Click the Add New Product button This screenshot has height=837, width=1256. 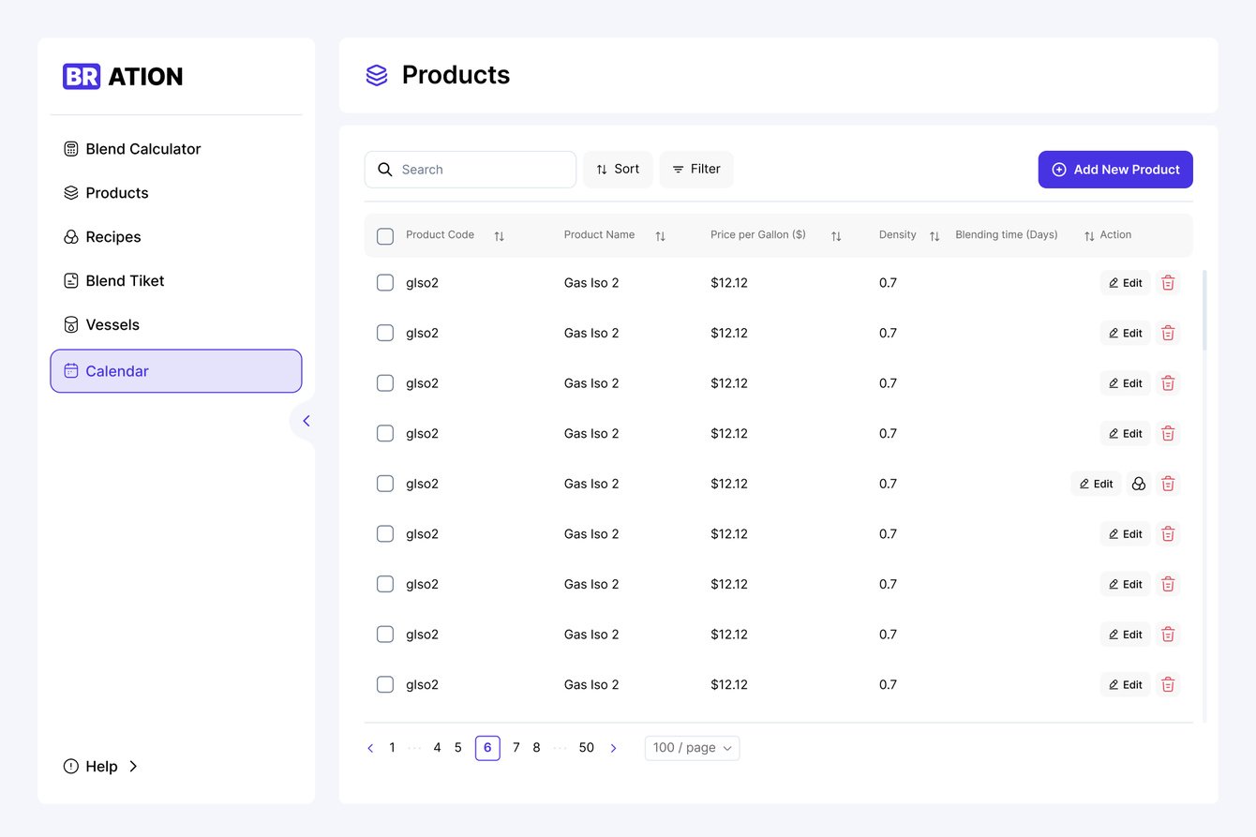coord(1114,170)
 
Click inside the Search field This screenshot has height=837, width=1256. coord(478,170)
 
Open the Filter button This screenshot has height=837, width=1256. coord(696,170)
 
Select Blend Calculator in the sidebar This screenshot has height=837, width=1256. coord(142,149)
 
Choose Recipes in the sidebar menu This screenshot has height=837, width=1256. coord(112,237)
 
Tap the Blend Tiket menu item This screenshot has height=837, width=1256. coord(124,281)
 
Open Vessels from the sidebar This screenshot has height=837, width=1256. coord(112,325)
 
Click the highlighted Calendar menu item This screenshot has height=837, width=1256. coord(176,371)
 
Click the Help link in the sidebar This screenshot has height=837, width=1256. coord(101,767)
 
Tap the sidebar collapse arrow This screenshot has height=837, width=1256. coord(306,421)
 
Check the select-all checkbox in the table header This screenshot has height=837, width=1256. coord(385,236)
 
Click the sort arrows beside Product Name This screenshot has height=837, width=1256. coord(660,236)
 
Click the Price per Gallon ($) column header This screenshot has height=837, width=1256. coord(757,235)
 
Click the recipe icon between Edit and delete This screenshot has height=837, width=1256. coord(1139,484)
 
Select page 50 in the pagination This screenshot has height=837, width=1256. coord(586,748)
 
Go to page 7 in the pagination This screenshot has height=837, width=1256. coord(516,748)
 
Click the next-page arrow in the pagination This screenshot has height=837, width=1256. coord(613,748)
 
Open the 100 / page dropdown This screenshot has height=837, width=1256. coord(692,748)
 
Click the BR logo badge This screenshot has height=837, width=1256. coord(82,77)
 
